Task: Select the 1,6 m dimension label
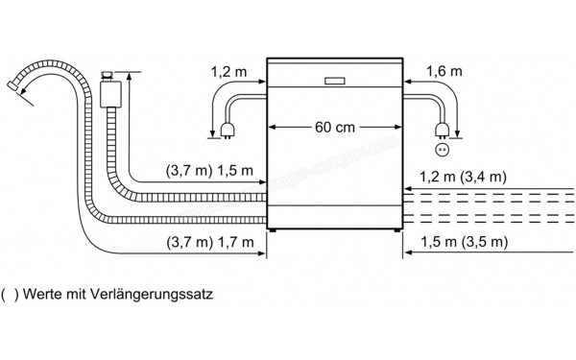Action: [444, 70]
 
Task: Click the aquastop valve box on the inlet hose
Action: [109, 94]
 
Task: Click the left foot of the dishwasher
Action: [276, 230]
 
